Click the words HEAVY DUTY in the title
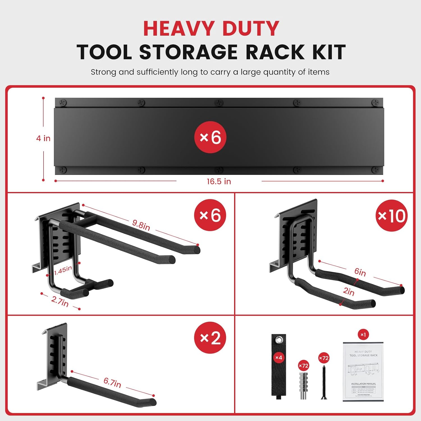click(211, 29)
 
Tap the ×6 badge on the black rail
click(210, 137)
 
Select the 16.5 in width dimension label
click(219, 182)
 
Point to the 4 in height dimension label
click(43, 138)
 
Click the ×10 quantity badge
click(391, 216)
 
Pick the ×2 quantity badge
click(210, 338)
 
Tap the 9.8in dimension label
click(141, 225)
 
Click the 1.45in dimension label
click(63, 271)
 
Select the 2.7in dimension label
click(60, 301)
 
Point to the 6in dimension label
click(360, 272)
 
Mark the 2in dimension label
click(349, 292)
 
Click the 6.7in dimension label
click(112, 382)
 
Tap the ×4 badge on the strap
click(278, 358)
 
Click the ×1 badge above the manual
click(363, 335)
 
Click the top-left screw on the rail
click(63, 103)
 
